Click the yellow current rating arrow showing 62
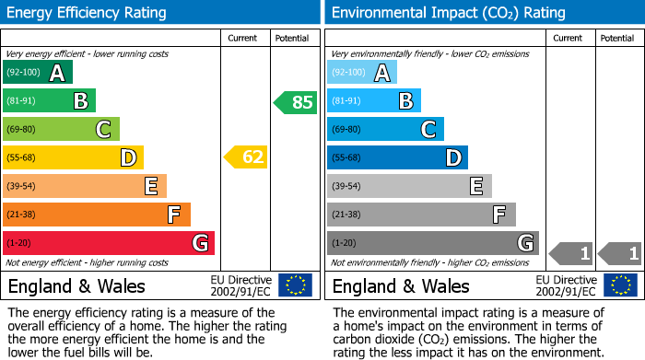246,157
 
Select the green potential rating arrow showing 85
296,102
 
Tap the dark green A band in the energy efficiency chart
38,73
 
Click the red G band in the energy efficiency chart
109,243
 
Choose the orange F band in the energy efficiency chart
97,215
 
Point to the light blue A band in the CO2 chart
362,73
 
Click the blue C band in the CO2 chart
386,130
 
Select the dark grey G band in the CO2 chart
433,243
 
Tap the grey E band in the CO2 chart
410,186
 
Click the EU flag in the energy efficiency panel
295,285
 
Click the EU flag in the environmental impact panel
619,285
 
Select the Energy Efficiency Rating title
88,13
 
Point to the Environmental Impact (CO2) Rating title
448,13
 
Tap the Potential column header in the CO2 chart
616,38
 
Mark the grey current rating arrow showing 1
570,252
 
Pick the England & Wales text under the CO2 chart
401,285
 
